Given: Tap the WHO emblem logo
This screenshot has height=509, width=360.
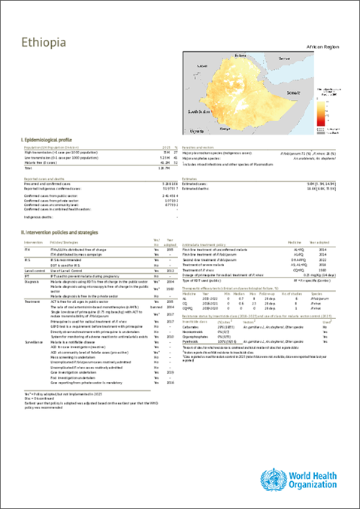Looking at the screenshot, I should [x=268, y=480].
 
